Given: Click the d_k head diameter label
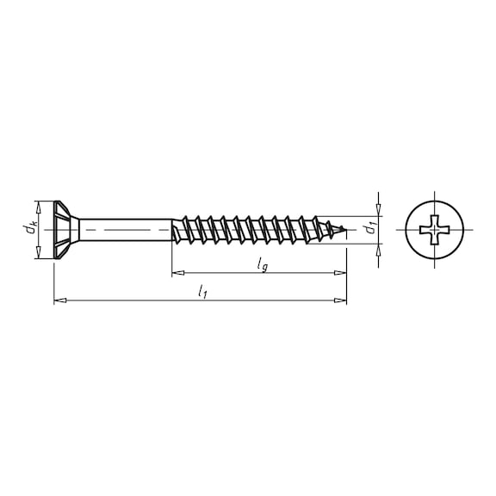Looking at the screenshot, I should coord(30,229).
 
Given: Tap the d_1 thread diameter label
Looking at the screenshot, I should coord(369,229).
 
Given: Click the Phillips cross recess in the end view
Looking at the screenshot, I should coord(436,230).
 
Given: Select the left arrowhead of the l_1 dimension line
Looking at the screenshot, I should coord(59,301).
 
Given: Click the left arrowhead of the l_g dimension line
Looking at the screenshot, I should coord(177,273).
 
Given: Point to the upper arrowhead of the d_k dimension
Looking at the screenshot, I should coord(38,206).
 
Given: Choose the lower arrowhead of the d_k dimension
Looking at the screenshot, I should coord(38,253).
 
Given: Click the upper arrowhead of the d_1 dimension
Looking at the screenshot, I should coord(378,211).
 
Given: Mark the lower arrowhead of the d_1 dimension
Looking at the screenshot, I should coord(378,248).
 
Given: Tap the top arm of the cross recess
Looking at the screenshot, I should coord(436,219).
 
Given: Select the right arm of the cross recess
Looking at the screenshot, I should coord(448,230).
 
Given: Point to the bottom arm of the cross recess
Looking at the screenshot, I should coord(436,241).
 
